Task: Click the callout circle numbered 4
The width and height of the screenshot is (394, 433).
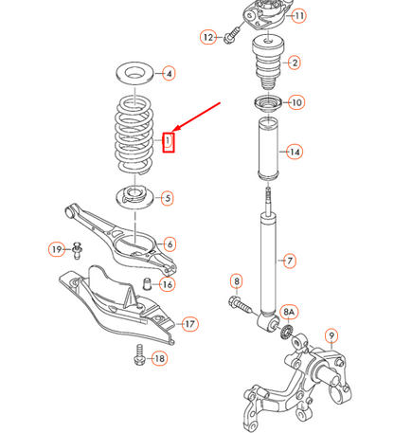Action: click(168, 73)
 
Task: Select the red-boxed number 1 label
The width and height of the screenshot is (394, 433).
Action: click(168, 142)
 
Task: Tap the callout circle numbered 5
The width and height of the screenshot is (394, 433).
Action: click(167, 198)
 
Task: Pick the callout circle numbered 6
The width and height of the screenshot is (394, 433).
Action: click(169, 244)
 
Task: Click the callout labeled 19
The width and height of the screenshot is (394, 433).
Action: click(57, 249)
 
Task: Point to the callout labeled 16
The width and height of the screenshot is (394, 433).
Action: click(167, 284)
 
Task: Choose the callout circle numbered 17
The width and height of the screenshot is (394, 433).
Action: click(189, 324)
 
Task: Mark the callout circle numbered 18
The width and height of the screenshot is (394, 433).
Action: click(158, 358)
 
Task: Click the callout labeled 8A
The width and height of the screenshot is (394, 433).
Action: click(290, 311)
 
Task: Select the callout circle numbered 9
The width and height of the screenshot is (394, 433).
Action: click(331, 334)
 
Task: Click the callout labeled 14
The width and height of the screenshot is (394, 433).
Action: click(295, 152)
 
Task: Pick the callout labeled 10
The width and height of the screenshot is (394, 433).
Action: click(295, 102)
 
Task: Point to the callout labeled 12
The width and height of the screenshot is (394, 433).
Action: click(207, 37)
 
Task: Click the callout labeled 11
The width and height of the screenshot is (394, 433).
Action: click(298, 16)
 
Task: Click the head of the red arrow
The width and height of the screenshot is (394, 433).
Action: click(175, 131)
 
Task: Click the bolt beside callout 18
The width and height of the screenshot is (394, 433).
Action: click(138, 357)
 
